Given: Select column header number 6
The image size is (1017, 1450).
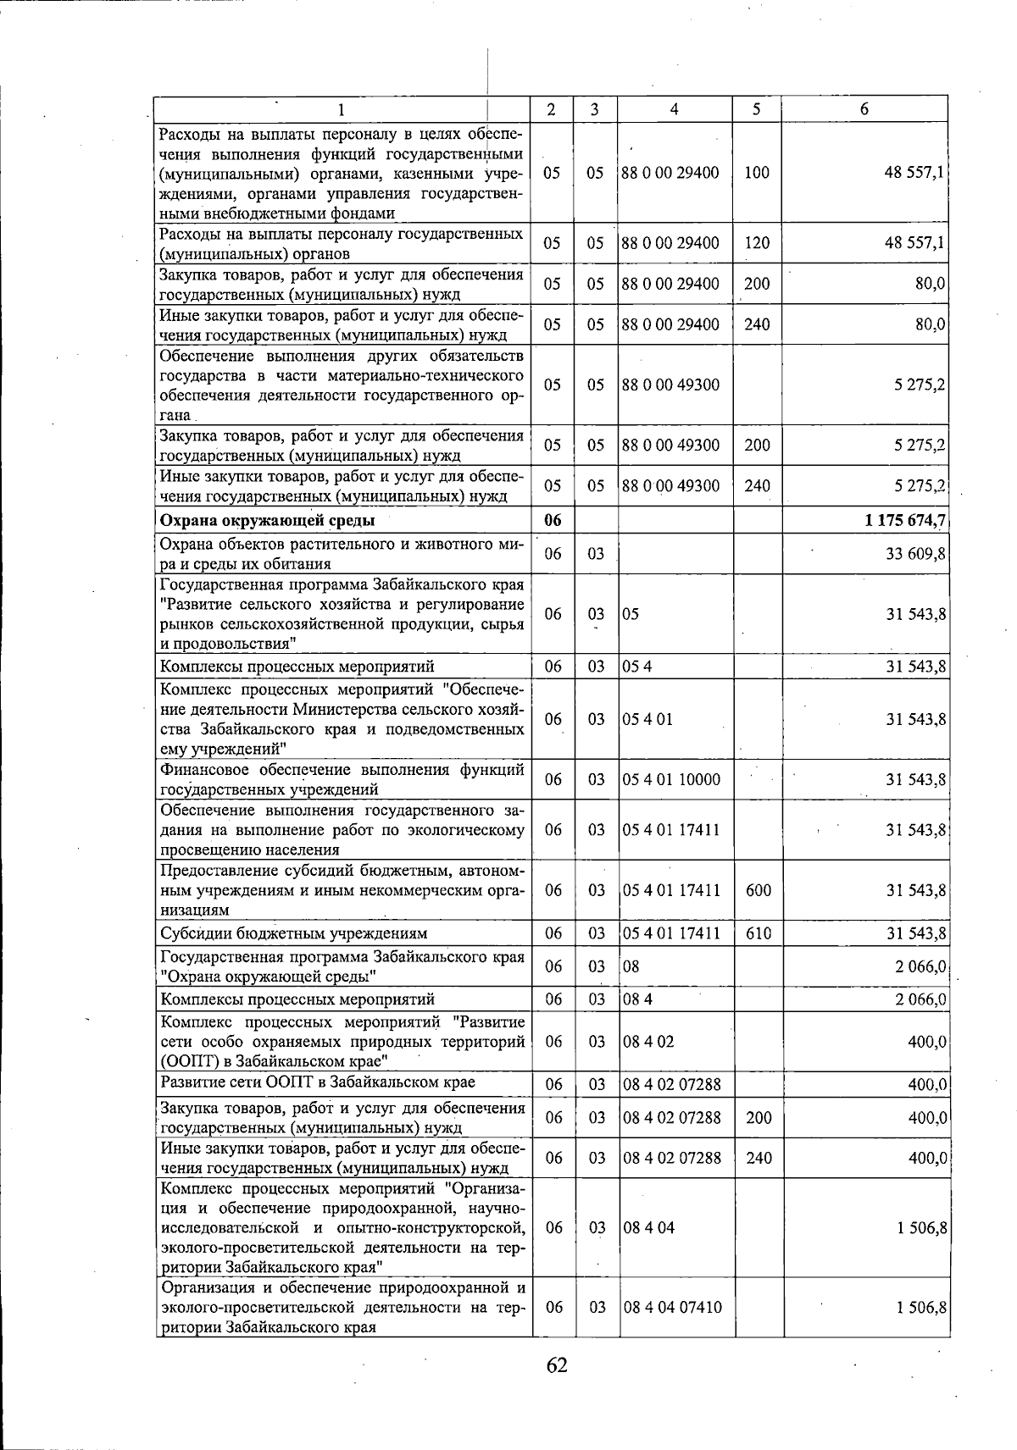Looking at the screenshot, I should pos(864,109).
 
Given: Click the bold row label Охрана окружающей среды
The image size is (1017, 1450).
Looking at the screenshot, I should pos(267,521).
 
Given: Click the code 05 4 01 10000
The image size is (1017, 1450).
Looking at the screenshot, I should pos(671,779).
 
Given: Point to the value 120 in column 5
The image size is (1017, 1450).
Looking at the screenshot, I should pos(757,243).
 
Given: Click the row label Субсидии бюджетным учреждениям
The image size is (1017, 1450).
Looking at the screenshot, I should pos(293,933).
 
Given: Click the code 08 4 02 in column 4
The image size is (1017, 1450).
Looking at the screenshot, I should pos(648,1042).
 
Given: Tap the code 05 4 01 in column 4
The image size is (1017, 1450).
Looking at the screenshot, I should pos(647,719).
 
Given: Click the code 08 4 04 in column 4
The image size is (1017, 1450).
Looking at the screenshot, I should pos(649,1228).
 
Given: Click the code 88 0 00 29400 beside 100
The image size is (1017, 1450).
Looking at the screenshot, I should pos(670,173).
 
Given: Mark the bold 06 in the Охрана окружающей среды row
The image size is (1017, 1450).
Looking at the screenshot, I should pos(553,521).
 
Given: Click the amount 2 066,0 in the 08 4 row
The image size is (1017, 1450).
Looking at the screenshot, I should pos(920,999).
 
